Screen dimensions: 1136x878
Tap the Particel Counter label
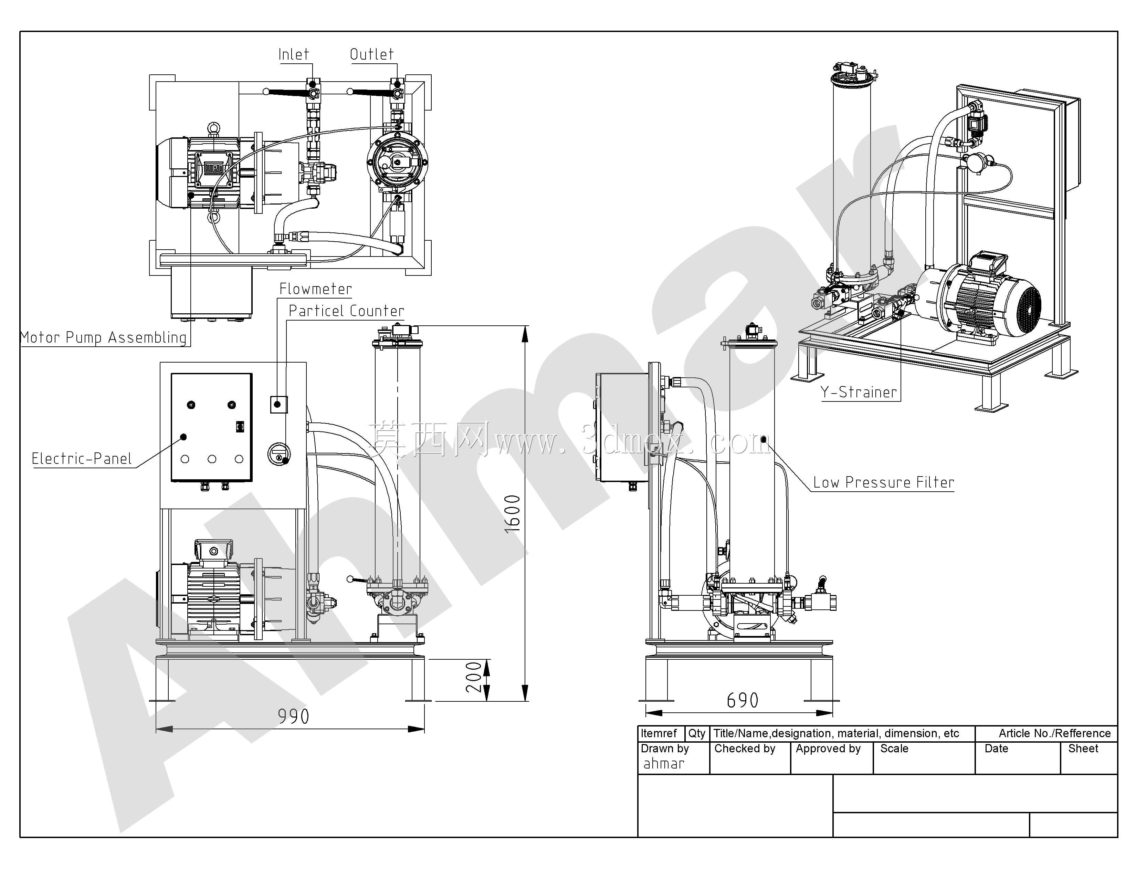[346, 311]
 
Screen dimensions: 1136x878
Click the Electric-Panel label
[82, 458]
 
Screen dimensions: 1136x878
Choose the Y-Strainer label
[859, 392]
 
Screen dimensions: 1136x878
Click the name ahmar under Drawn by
[664, 764]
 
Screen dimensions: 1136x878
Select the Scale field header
[894, 749]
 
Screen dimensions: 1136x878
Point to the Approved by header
[828, 749]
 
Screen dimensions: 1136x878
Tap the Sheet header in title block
[1083, 749]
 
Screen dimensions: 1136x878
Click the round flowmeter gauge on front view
[279, 454]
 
